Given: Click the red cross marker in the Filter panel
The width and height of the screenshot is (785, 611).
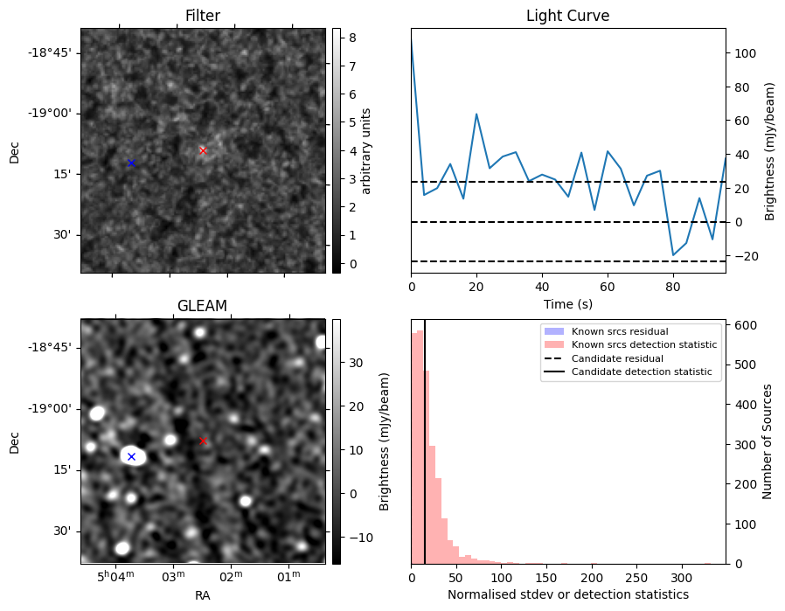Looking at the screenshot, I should tap(203, 150).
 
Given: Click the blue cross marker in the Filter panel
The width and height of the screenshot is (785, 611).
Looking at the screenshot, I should tap(131, 163).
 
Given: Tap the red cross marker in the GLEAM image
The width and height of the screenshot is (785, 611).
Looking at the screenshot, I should tap(203, 441).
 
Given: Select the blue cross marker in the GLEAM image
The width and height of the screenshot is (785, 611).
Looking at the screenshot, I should tap(131, 456).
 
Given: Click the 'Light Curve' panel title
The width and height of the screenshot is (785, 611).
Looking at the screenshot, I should tap(567, 16).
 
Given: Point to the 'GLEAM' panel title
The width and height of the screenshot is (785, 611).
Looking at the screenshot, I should tap(202, 306).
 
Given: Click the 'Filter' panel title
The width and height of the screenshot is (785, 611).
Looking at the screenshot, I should tap(202, 16).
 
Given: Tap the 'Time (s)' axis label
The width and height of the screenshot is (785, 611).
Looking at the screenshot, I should tap(567, 302).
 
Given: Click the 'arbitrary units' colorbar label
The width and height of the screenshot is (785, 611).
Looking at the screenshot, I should tap(366, 150).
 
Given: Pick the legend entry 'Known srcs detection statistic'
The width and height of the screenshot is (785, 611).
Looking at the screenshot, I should tap(644, 344).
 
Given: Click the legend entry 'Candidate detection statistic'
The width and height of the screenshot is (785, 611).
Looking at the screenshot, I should tap(641, 372).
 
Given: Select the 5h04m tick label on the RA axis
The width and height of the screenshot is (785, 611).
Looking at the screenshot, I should tap(115, 576).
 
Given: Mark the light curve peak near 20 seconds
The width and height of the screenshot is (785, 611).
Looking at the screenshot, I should tap(476, 114).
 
